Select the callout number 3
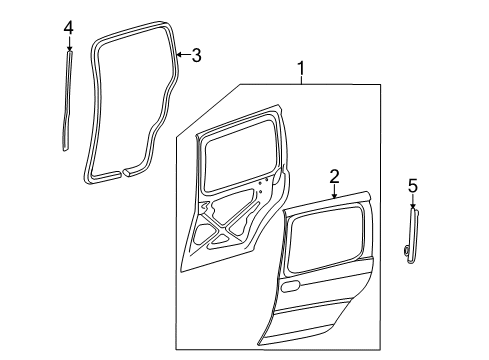coord(196,56)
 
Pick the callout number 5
coord(411,185)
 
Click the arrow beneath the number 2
coord(335,191)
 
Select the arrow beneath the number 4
coord(68,45)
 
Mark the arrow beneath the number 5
coord(411,203)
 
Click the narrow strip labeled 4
coord(67,100)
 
